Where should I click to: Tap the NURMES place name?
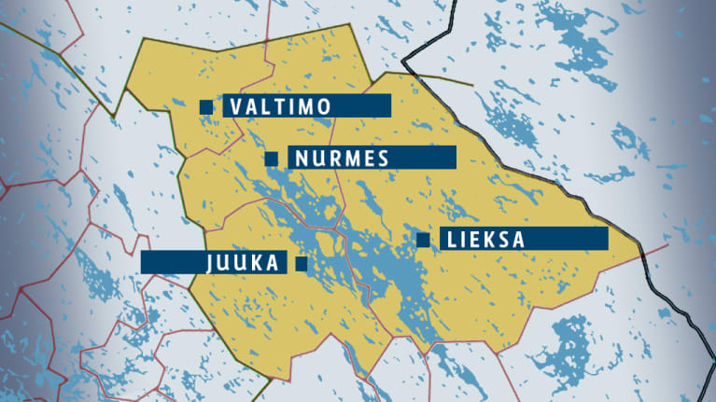click(341, 158)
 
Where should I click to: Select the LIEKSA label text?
click(485, 240)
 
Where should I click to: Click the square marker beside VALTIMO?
click(206, 106)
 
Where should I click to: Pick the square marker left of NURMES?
click(271, 158)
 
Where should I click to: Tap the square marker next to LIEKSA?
click(423, 240)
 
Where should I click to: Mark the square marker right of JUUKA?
click(301, 263)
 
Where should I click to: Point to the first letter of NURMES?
click(301, 158)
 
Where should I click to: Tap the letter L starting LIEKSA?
click(453, 240)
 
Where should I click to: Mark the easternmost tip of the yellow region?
click(643, 249)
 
